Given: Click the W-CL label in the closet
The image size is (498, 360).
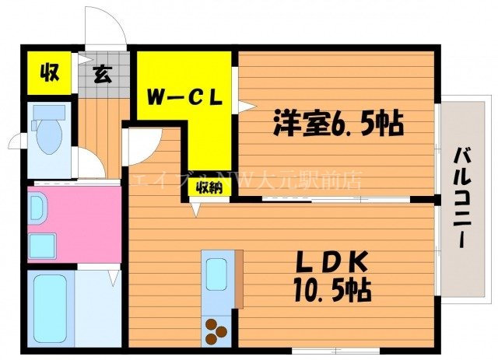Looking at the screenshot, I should (x=186, y=99).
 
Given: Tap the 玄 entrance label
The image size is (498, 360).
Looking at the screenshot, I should (x=102, y=75).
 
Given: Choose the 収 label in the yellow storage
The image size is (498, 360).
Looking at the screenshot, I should (x=51, y=74).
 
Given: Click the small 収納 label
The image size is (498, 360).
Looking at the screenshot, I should (x=208, y=187).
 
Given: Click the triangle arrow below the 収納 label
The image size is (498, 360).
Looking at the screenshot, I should (x=196, y=207).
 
